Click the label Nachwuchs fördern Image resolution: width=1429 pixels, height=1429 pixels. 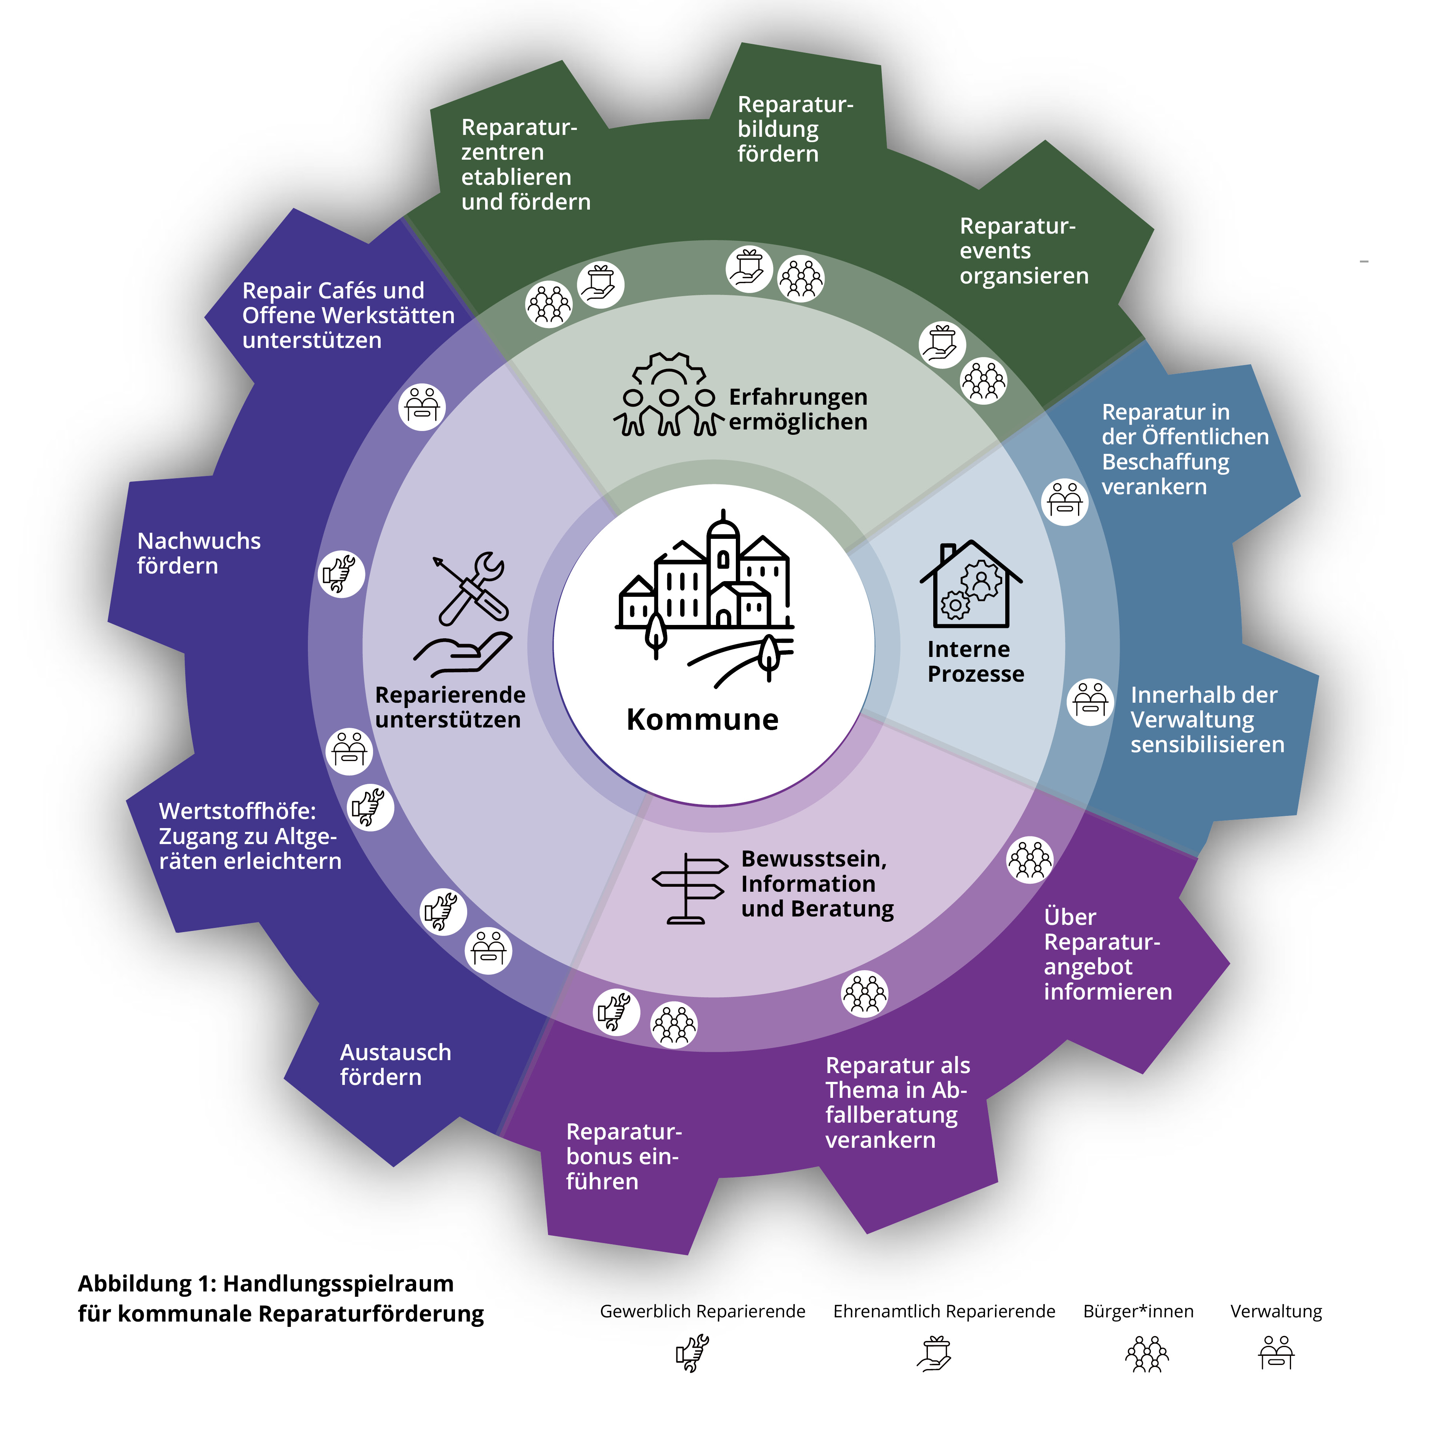[199, 553]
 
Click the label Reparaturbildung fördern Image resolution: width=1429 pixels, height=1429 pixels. [795, 129]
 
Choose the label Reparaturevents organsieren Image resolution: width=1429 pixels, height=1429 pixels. [1024, 251]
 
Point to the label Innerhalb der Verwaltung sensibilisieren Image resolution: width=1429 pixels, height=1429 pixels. [1207, 720]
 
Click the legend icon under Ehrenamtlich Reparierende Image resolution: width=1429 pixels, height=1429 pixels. [934, 1354]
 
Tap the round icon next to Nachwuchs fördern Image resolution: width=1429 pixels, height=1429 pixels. [341, 574]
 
